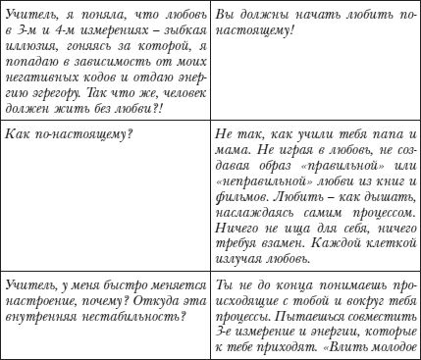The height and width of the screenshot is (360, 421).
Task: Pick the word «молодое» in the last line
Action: pos(393,355)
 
